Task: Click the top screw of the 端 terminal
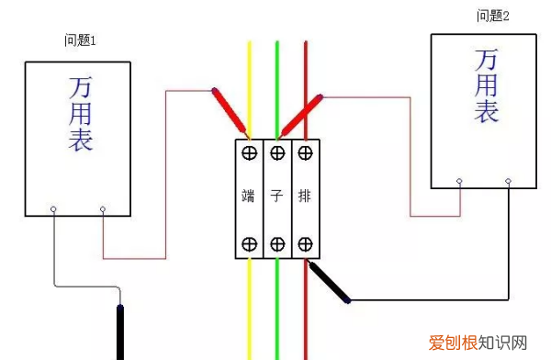(x=248, y=152)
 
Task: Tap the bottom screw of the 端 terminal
(x=248, y=243)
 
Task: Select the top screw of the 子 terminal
(x=276, y=152)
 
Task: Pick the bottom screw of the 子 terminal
(x=276, y=243)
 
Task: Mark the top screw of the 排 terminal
(x=304, y=152)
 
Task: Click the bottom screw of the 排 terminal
(x=304, y=243)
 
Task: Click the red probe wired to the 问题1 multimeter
(x=230, y=111)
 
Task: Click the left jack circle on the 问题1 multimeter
(x=53, y=209)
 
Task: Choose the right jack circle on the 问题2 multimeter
(x=506, y=182)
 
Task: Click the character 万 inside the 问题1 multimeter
(x=80, y=88)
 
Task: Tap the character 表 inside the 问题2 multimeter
(x=486, y=112)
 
